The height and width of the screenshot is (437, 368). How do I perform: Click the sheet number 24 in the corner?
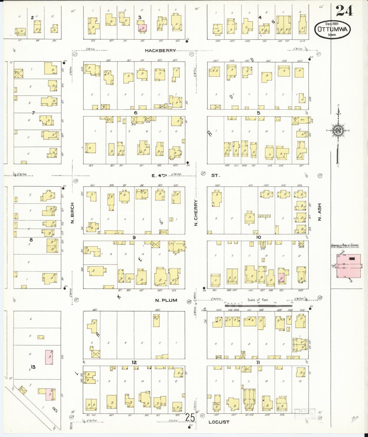(x=344, y=11)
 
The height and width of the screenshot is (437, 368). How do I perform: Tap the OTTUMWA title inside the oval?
(x=332, y=29)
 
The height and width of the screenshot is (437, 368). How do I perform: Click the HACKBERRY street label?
(x=160, y=50)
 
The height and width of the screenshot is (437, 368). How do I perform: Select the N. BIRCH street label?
(x=72, y=213)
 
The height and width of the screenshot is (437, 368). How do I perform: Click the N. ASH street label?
(x=320, y=212)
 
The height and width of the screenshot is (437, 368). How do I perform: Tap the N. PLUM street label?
(x=166, y=300)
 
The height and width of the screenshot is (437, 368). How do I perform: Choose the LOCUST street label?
(x=219, y=422)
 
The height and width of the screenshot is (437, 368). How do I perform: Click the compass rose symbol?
(x=338, y=131)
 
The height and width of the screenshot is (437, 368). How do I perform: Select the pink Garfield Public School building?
(x=348, y=266)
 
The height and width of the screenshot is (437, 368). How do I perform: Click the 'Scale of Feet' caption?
(x=258, y=300)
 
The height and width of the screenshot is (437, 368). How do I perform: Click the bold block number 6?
(x=135, y=113)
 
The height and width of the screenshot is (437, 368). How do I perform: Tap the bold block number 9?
(x=134, y=237)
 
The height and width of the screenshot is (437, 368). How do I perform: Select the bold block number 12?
(x=134, y=362)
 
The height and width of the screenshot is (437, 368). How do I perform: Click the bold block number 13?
(x=33, y=367)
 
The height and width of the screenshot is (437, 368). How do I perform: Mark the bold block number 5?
(x=258, y=113)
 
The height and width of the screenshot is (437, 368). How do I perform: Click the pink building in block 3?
(x=142, y=28)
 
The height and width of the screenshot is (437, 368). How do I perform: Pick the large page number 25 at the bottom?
(x=190, y=417)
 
